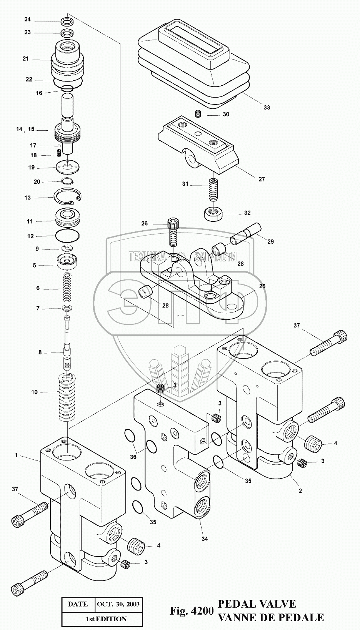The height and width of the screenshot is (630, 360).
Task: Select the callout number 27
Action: pos(261,179)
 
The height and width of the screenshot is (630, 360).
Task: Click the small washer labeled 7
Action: pos(67,308)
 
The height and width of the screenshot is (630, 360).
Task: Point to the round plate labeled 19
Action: pos(68,167)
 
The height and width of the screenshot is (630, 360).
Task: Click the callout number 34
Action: pos(205,539)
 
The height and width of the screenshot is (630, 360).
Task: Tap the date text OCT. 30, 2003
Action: pos(118,604)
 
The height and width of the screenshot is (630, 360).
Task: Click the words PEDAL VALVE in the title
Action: pos(257,603)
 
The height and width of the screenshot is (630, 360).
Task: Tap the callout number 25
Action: pos(262,286)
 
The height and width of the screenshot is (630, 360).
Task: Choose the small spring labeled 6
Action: pos(67,288)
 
